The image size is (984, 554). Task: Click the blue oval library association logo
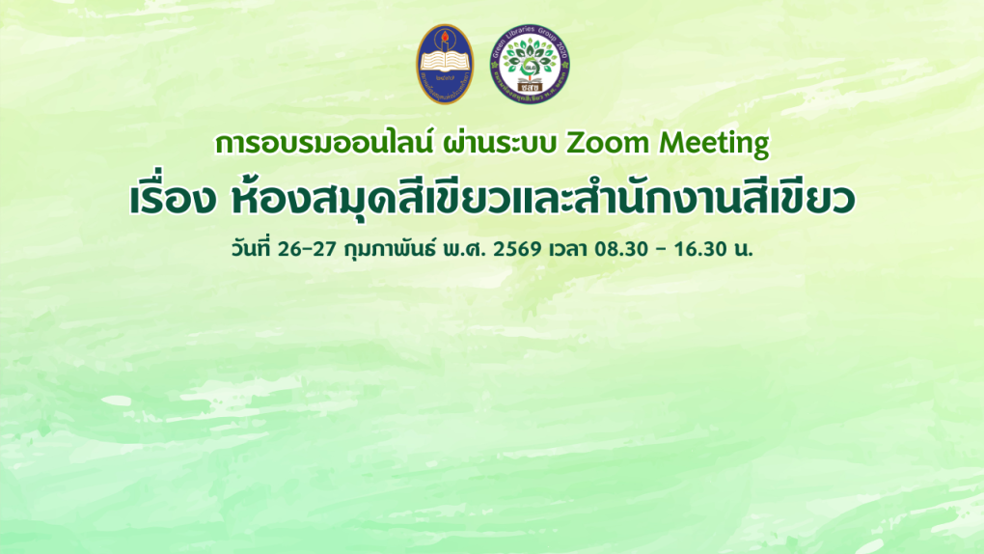[445, 65]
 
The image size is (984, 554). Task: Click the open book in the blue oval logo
[445, 69]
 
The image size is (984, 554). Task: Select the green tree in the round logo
[529, 58]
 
